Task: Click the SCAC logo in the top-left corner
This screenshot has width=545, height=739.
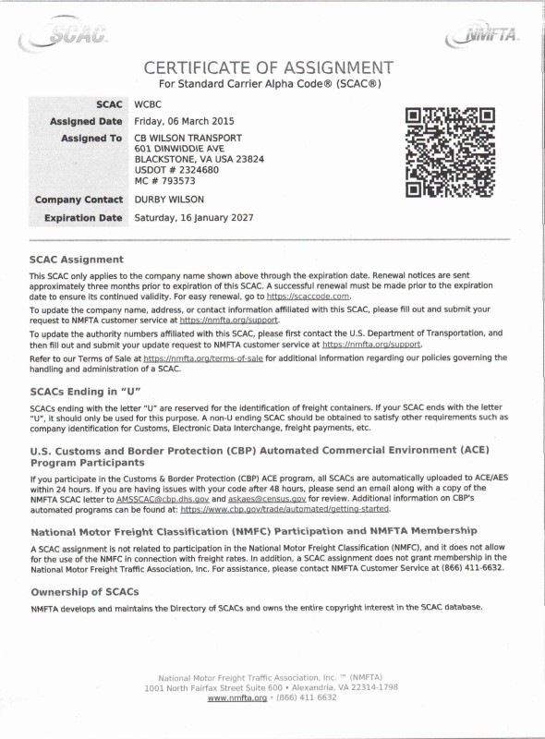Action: coord(67,36)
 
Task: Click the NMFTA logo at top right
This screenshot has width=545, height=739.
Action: coord(482,35)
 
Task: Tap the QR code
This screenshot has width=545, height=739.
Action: coord(451,152)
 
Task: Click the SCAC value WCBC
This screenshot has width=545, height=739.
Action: coord(148,105)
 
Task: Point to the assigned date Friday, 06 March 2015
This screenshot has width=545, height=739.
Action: coord(185,121)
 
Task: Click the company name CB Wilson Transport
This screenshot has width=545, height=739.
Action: coord(188,138)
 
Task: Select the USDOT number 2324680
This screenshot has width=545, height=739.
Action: coord(196,170)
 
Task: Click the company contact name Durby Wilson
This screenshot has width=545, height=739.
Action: coord(169,200)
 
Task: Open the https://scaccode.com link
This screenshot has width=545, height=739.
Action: coord(308,297)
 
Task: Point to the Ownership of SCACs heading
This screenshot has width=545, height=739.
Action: coord(84,591)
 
